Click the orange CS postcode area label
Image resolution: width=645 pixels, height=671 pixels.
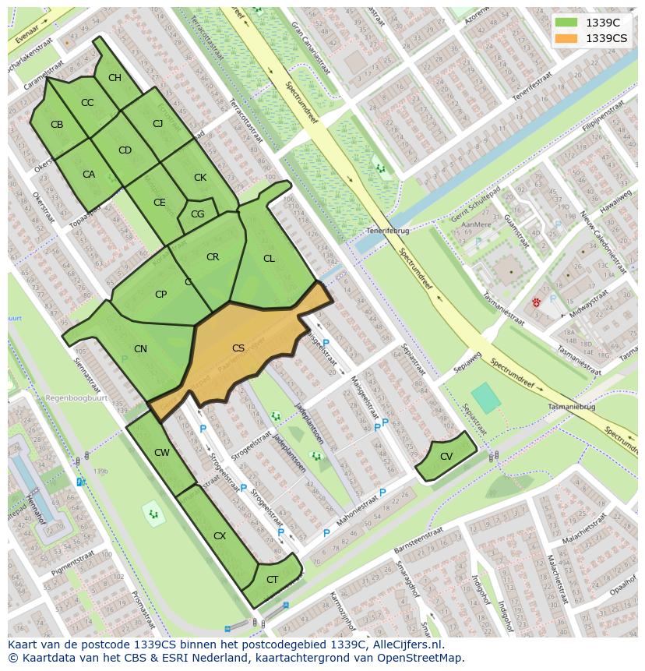click(x=238, y=348)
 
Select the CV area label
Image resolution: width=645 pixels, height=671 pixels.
click(x=446, y=457)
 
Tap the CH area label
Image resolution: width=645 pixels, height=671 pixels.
click(x=115, y=78)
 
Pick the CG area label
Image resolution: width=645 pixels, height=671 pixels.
click(x=197, y=214)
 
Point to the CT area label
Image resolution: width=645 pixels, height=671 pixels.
click(x=272, y=580)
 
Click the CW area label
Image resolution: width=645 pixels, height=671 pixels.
click(x=162, y=453)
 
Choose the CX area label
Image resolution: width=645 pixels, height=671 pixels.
click(x=220, y=536)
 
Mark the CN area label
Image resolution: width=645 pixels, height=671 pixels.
click(x=140, y=349)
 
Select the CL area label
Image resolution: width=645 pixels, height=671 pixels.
click(x=269, y=259)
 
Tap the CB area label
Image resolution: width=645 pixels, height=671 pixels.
click(x=57, y=125)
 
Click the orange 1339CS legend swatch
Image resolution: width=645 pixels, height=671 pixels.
click(x=566, y=38)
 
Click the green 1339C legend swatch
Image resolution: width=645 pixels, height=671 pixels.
click(x=566, y=23)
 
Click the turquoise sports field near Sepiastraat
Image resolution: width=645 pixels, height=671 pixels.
click(x=486, y=397)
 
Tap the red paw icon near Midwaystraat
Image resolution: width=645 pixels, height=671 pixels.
click(x=537, y=302)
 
